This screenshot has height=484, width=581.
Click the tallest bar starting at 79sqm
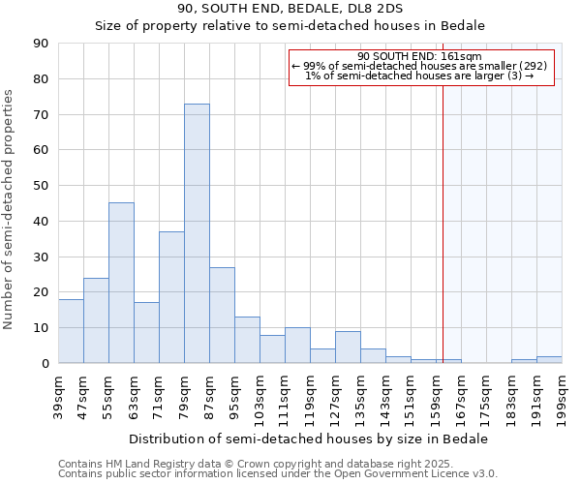[197, 233]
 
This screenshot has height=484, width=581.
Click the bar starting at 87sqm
[222, 315]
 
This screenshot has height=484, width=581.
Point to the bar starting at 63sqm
[146, 333]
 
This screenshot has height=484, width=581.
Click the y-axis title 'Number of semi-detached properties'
[10, 209]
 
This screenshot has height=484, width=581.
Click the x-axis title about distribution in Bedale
[309, 439]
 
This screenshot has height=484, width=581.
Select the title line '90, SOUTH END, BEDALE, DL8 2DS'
[290, 9]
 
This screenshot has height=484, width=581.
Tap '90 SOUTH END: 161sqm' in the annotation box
[420, 56]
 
